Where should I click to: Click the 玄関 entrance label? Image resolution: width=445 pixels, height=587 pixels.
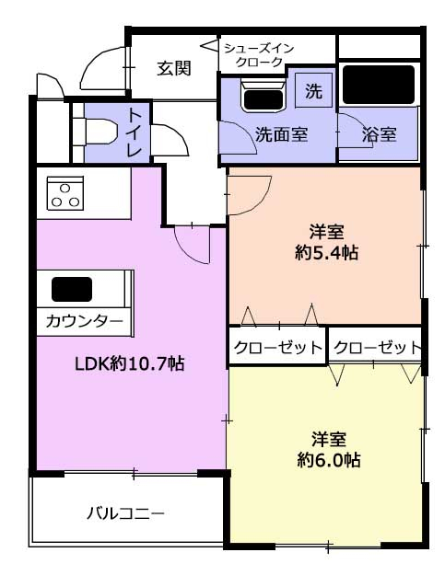click(174, 68)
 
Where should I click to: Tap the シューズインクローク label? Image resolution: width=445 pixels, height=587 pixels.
click(259, 55)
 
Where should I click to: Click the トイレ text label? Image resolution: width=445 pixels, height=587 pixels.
click(135, 132)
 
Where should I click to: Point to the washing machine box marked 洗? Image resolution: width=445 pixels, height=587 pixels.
click(314, 90)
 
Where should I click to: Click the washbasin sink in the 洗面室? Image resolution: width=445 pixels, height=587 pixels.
click(263, 96)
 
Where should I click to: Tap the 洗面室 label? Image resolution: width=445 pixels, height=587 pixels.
click(281, 134)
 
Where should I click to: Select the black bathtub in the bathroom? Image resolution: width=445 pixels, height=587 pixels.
click(379, 85)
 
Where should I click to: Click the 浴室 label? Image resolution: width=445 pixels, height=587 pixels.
click(379, 134)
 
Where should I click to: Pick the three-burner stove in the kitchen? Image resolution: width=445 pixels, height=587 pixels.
click(65, 193)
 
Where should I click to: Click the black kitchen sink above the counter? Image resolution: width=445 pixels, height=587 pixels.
click(72, 289)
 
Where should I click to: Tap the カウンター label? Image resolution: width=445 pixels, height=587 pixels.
click(85, 321)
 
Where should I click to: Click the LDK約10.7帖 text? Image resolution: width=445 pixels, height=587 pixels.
click(130, 363)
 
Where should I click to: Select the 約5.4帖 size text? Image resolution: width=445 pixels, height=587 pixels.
click(326, 253)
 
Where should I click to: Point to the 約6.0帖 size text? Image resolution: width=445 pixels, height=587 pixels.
click(329, 460)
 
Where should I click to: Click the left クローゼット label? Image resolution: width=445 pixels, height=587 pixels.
click(278, 348)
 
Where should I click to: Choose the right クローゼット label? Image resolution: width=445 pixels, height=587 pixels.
click(378, 348)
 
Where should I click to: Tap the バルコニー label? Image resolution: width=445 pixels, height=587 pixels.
click(125, 512)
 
